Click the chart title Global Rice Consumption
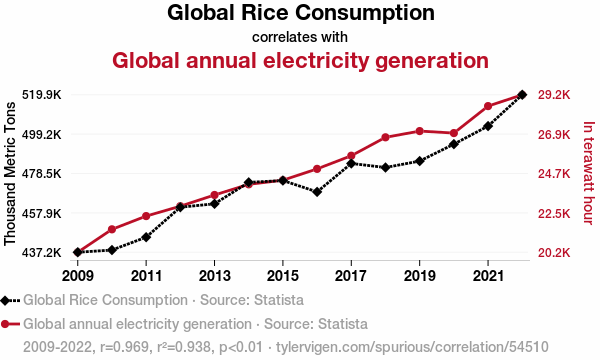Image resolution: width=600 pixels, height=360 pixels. tap(301, 13)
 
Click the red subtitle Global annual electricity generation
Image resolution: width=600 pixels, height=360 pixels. tap(300, 60)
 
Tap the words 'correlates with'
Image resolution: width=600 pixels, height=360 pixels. tap(300, 37)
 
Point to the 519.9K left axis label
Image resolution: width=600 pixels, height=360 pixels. tap(42, 94)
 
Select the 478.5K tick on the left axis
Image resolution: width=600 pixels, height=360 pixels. tap(42, 174)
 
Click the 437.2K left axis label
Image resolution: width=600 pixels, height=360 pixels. tap(42, 252)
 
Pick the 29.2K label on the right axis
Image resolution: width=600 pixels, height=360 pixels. tap(554, 94)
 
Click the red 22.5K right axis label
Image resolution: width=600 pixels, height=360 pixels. tap(554, 213)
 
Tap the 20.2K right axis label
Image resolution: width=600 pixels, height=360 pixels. tap(554, 252)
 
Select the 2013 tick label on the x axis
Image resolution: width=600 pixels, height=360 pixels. tap(214, 275)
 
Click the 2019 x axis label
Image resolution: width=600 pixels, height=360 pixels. tap(419, 275)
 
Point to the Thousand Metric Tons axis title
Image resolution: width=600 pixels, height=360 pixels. tap(10, 173)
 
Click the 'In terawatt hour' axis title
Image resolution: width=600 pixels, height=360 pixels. tap(589, 173)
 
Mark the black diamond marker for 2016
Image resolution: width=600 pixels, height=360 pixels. tap(317, 192)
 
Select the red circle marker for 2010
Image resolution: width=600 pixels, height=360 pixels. tap(112, 230)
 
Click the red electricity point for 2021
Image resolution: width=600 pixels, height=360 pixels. tap(488, 106)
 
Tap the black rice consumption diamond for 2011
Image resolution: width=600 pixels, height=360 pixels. tap(146, 237)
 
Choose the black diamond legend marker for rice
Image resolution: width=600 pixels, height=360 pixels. tap(5, 301)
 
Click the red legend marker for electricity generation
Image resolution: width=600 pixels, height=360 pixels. tap(5, 324)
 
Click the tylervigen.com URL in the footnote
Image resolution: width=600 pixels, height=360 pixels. tap(412, 347)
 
